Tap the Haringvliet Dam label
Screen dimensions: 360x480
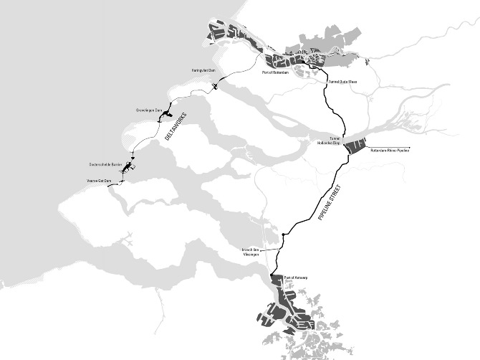(x=203, y=70)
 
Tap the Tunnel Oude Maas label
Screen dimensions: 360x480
(x=342, y=82)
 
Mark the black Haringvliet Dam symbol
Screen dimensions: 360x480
(x=216, y=87)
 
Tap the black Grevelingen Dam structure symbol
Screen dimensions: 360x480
(x=167, y=112)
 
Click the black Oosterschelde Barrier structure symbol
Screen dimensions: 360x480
(x=128, y=167)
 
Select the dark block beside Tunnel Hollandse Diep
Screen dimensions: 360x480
(x=355, y=145)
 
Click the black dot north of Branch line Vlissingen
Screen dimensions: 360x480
(x=284, y=235)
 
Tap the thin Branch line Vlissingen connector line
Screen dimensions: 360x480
(x=273, y=249)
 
